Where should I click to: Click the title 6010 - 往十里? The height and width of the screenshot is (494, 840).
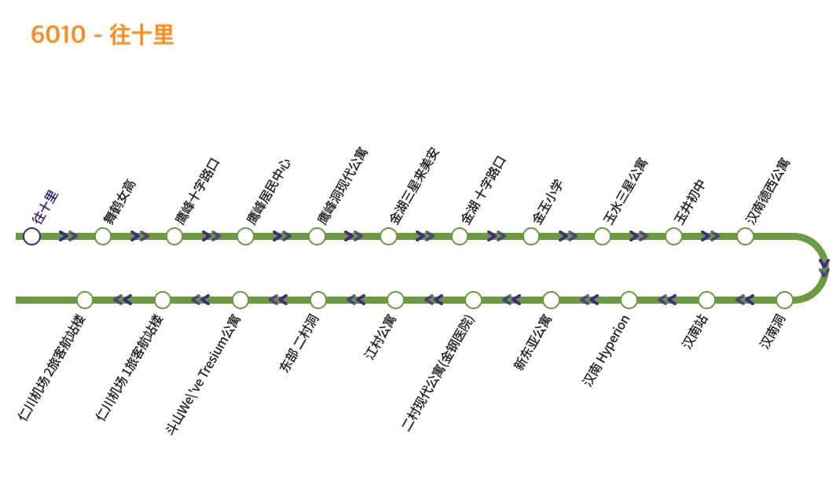point(102,35)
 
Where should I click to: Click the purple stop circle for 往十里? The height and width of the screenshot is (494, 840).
point(31,236)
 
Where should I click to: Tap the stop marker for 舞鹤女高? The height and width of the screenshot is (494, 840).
point(103,236)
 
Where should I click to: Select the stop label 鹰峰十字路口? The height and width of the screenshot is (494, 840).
point(197,192)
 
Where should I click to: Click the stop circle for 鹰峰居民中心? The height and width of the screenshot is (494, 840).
point(245,236)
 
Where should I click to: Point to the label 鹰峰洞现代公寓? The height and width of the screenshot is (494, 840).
point(342,185)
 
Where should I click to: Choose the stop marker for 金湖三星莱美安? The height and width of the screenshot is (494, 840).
point(388,236)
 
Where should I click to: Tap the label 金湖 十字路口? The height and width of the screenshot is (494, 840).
point(484,190)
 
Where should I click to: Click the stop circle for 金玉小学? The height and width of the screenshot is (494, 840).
point(531,236)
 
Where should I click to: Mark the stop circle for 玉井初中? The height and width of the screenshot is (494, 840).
point(673,236)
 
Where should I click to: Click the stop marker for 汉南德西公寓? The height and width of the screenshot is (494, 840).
point(745,236)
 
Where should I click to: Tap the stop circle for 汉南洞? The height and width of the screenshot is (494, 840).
point(784,300)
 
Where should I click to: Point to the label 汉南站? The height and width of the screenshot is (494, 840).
point(695,331)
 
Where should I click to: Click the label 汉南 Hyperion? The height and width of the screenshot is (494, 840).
point(606,350)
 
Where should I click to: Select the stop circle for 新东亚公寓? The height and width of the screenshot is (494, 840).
point(551,300)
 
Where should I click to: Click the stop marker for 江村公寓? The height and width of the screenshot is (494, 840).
point(395,300)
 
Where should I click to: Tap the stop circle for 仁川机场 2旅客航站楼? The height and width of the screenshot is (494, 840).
point(85,300)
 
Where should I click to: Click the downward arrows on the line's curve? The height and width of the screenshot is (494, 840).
point(823,267)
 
